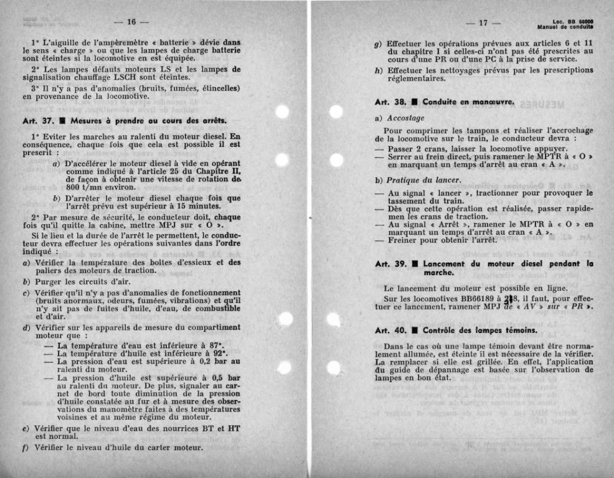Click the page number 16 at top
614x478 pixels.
131,22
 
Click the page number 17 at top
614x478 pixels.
483,23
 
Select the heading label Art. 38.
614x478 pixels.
391,101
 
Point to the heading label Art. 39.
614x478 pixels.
391,264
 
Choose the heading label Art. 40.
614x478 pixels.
391,330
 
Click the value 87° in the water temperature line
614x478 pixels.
215,345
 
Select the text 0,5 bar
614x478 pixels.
226,377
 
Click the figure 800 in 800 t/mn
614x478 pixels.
74,187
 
